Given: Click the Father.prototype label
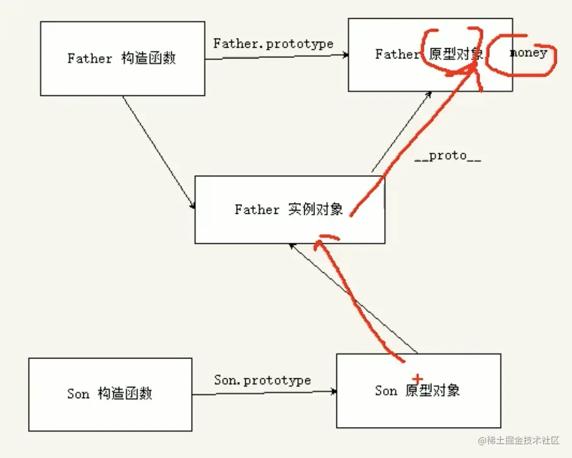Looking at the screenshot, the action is tap(273, 44).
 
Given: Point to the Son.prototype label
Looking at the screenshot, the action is tap(262, 380).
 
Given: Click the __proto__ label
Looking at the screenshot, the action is tap(448, 156).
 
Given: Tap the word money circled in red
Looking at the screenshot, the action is tap(528, 52).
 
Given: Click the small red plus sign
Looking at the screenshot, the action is tap(417, 379).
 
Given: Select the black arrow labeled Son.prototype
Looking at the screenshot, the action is tap(264, 392).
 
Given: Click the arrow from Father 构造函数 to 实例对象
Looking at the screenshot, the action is tap(158, 152).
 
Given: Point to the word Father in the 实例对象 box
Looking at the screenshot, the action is tap(257, 210).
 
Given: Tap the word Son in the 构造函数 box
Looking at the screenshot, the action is tap(78, 394).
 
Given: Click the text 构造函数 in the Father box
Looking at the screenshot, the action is tap(149, 58).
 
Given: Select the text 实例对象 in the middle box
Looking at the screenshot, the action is tap(315, 209).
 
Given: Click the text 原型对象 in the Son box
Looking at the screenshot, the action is tap(433, 390).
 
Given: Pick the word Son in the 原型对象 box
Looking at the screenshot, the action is tap(386, 391).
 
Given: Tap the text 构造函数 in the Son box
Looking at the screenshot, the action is tap(124, 394).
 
